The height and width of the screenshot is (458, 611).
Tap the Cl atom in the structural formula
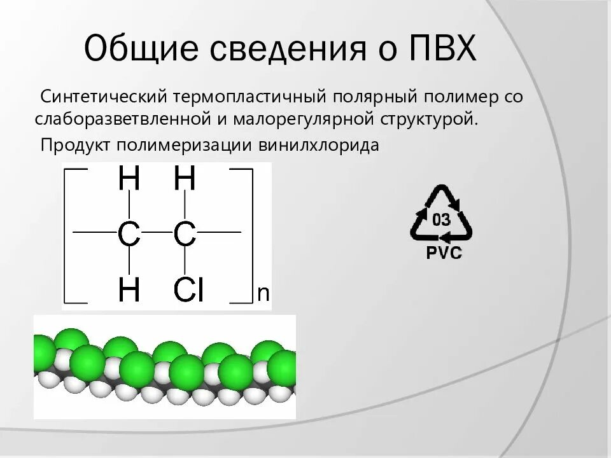[188, 291]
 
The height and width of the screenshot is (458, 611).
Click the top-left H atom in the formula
[129, 180]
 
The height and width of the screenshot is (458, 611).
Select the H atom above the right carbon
[185, 180]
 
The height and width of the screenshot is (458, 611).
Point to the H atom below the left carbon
[129, 291]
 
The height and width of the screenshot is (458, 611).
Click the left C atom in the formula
[129, 235]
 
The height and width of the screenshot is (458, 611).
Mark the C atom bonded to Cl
[185, 235]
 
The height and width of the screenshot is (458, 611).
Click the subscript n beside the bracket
[263, 293]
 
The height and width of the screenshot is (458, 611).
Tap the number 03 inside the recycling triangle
[441, 220]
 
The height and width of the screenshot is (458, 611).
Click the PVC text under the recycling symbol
[443, 254]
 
